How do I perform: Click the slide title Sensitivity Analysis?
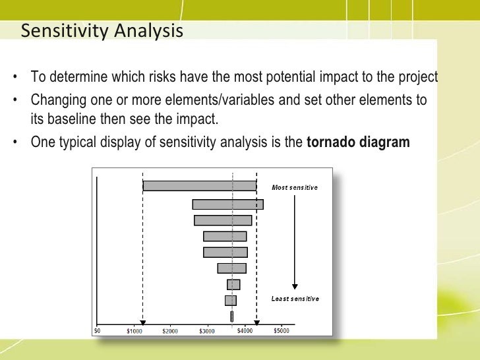(x=102, y=30)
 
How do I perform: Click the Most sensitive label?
(x=295, y=187)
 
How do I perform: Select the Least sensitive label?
(x=295, y=299)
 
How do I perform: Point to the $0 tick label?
(x=97, y=330)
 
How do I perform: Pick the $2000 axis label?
(x=170, y=330)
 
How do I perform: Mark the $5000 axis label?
(x=281, y=330)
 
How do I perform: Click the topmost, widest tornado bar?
(x=199, y=186)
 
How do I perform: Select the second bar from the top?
(x=227, y=204)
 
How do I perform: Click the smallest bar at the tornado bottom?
(x=231, y=316)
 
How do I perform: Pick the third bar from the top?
(x=223, y=220)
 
